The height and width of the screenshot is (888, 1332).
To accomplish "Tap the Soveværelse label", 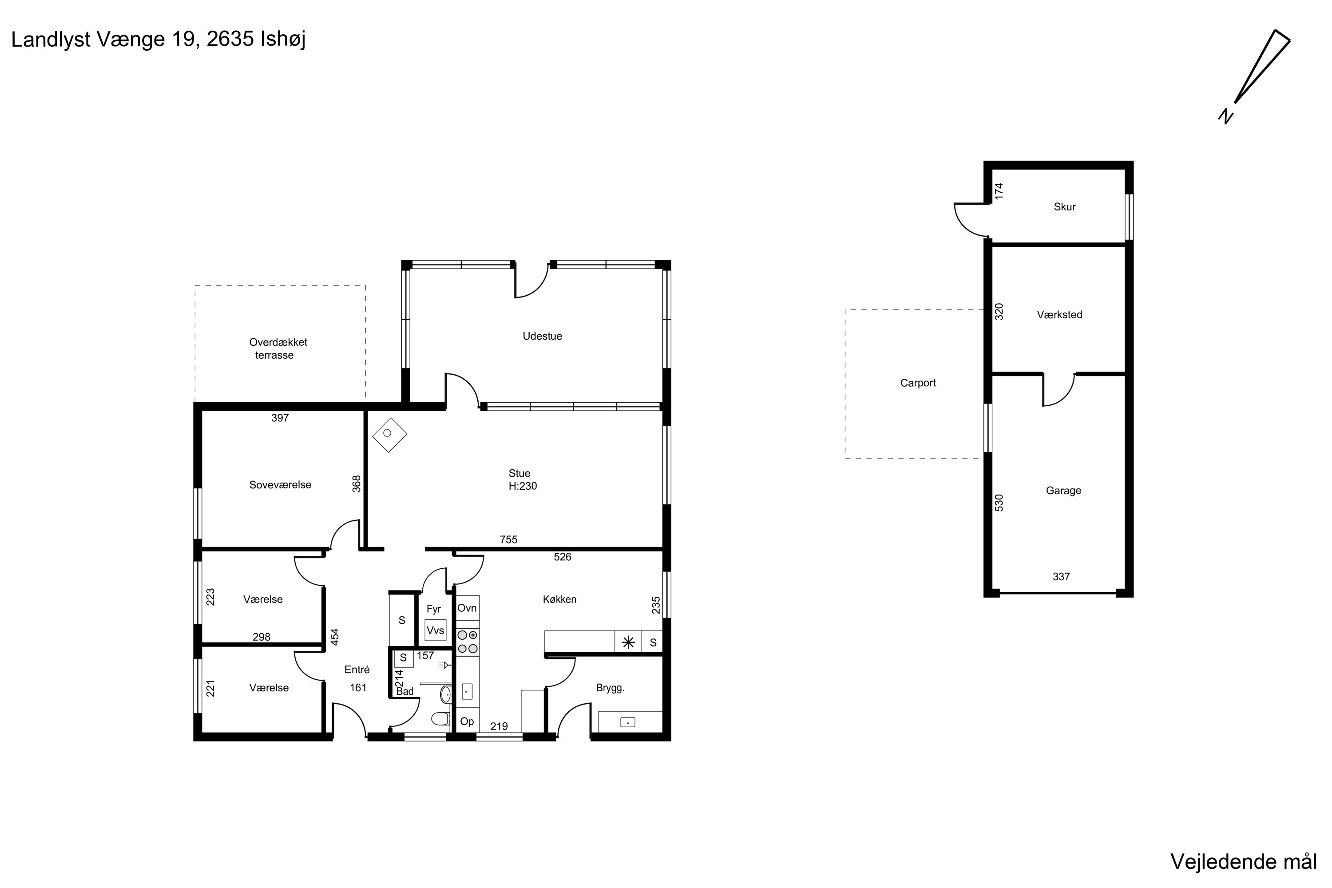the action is pos(280,485).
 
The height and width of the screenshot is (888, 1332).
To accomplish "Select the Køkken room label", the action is pos(559,599).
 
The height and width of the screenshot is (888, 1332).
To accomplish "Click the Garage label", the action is pos(1063,491).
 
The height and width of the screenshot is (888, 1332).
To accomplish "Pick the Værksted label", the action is pos(1059,315).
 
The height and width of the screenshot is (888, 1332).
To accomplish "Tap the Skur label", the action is pos(1064,207).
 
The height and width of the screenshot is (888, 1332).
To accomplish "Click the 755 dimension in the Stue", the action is pos(508,540).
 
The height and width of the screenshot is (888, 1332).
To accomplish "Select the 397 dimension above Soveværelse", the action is pos(280,418).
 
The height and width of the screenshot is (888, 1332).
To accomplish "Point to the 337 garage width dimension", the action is pos(1061,576).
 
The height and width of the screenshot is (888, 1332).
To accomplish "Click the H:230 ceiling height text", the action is pos(522,486).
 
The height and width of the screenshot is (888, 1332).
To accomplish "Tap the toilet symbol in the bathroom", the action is pos(440,719).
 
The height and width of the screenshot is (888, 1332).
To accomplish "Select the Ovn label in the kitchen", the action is pos(467,608).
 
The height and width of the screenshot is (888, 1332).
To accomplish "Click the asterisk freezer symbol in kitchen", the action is pos(627,642).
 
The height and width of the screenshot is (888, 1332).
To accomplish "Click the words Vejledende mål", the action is pos(1244,861).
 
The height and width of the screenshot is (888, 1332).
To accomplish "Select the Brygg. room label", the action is pos(610,689).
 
